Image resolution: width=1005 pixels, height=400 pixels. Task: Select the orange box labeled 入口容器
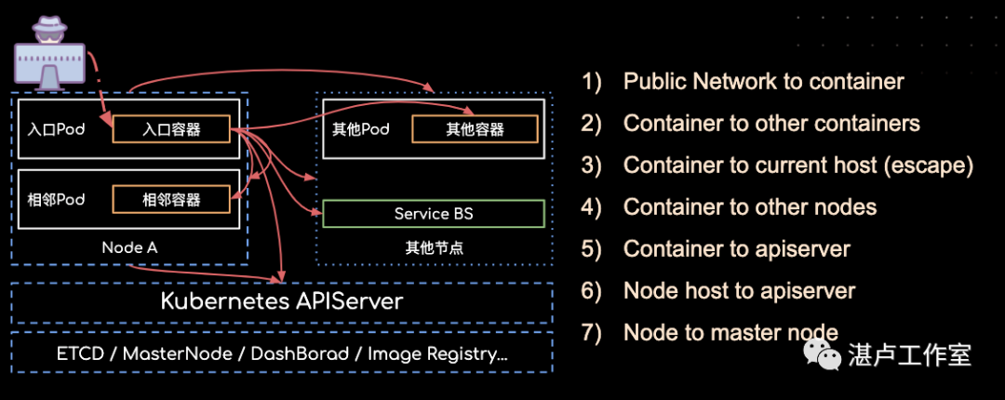(x=171, y=129)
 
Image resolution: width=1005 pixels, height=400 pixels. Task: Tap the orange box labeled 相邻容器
(x=171, y=198)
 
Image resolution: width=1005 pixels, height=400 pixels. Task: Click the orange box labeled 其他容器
(x=475, y=129)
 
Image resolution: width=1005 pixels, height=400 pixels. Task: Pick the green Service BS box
(x=433, y=214)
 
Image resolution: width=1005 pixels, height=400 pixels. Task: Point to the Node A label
(x=129, y=247)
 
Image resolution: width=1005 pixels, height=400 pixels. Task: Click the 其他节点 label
(x=434, y=247)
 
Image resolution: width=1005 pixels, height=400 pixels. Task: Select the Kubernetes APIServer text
(x=282, y=301)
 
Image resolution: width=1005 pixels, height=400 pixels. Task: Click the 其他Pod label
(x=360, y=129)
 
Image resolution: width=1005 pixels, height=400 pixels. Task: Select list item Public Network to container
(x=763, y=82)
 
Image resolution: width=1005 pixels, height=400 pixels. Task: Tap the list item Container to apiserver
(x=736, y=249)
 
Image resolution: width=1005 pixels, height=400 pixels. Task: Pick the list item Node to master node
(x=730, y=332)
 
